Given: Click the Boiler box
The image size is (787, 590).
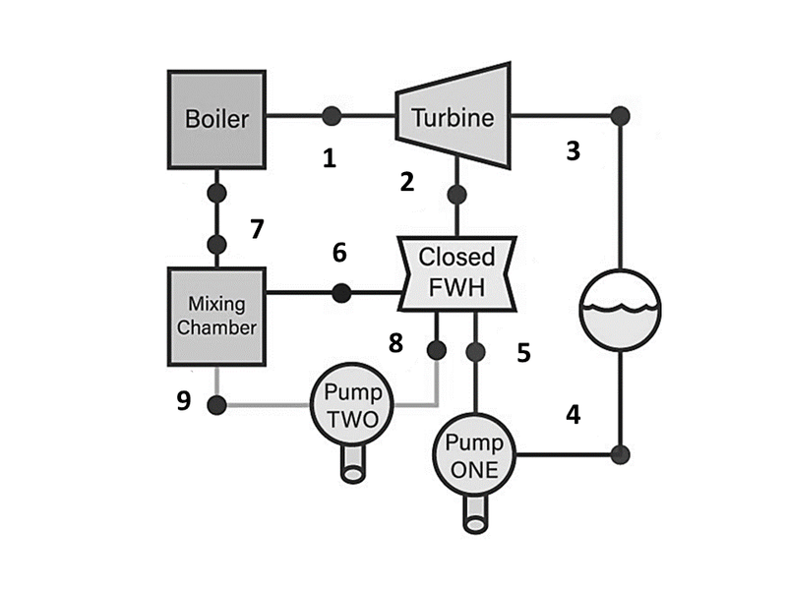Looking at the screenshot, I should (x=216, y=119).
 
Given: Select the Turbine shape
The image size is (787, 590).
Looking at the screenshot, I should (x=453, y=118).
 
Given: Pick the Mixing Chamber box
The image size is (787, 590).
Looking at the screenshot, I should (x=216, y=315).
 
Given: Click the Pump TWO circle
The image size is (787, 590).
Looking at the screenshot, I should (x=354, y=404).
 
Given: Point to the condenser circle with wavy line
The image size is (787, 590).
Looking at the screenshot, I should (x=621, y=309).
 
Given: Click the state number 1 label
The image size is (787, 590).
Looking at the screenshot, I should (x=330, y=157).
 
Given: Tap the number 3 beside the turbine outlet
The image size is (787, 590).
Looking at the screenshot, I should (x=574, y=152).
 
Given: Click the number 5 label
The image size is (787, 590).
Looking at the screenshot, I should (x=524, y=351).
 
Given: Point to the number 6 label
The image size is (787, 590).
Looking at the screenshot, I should (x=339, y=253).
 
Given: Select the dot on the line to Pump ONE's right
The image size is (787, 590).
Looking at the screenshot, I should (x=620, y=454).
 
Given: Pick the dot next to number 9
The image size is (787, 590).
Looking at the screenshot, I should (x=216, y=404).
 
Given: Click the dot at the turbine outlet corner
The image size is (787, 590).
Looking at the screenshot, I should (x=620, y=115).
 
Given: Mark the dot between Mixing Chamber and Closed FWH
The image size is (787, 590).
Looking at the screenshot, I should (x=341, y=292).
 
